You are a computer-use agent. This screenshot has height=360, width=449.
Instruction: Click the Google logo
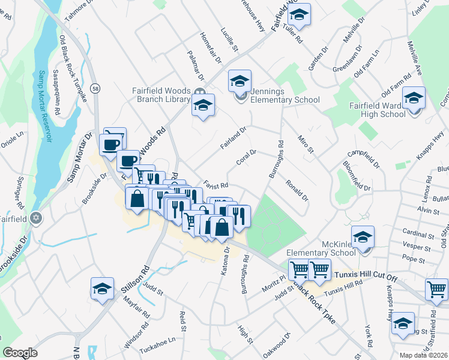pos(20,353)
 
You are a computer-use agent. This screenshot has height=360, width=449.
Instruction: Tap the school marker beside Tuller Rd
pos(300,14)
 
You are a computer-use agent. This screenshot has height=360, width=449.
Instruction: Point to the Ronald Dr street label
pos(297,190)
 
